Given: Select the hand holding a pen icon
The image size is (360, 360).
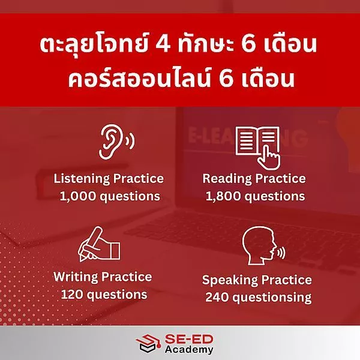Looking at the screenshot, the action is pyautogui.click(x=99, y=245).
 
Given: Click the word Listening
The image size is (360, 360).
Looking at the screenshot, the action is pyautogui.click(x=82, y=179).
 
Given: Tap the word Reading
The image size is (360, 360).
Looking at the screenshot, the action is pyautogui.click(x=227, y=179).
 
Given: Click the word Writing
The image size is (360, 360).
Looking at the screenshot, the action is pyautogui.click(x=76, y=277).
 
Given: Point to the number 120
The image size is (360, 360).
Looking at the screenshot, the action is pyautogui.click(x=72, y=295).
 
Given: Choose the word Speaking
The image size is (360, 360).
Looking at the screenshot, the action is pyautogui.click(x=230, y=280).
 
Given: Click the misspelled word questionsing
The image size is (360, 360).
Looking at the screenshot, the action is pyautogui.click(x=272, y=298).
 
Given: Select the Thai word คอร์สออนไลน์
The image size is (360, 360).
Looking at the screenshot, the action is pyautogui.click(x=139, y=79).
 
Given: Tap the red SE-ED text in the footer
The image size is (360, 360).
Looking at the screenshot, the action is pyautogui.click(x=189, y=339).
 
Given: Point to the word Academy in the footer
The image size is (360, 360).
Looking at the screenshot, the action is pyautogui.click(x=189, y=349).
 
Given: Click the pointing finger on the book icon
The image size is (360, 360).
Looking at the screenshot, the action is pyautogui.click(x=269, y=157).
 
